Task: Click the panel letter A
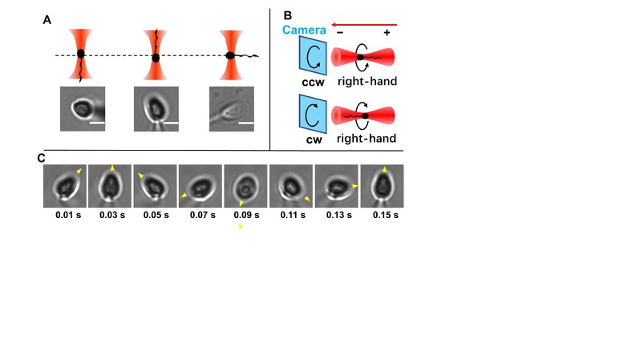[x=47, y=20]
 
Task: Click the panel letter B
[x=287, y=15]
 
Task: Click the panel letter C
[x=41, y=158]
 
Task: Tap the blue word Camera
[x=304, y=30]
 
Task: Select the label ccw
[x=313, y=82]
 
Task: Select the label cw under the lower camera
[x=314, y=140]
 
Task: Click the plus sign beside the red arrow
[x=387, y=33]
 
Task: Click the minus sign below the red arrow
[x=340, y=33]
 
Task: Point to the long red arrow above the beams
[x=364, y=25]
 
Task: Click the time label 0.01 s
[x=68, y=215]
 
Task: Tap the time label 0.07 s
[x=202, y=215]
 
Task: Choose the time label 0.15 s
[x=385, y=215]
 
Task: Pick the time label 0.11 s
[x=293, y=215]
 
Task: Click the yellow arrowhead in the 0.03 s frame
[x=112, y=168]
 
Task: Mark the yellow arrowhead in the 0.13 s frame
[x=355, y=186]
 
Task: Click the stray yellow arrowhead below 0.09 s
[x=241, y=226]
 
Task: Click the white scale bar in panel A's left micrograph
[x=97, y=123]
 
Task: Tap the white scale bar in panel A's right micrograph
[x=246, y=123]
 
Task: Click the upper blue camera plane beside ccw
[x=313, y=55]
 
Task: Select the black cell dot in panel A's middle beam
[x=156, y=58]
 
